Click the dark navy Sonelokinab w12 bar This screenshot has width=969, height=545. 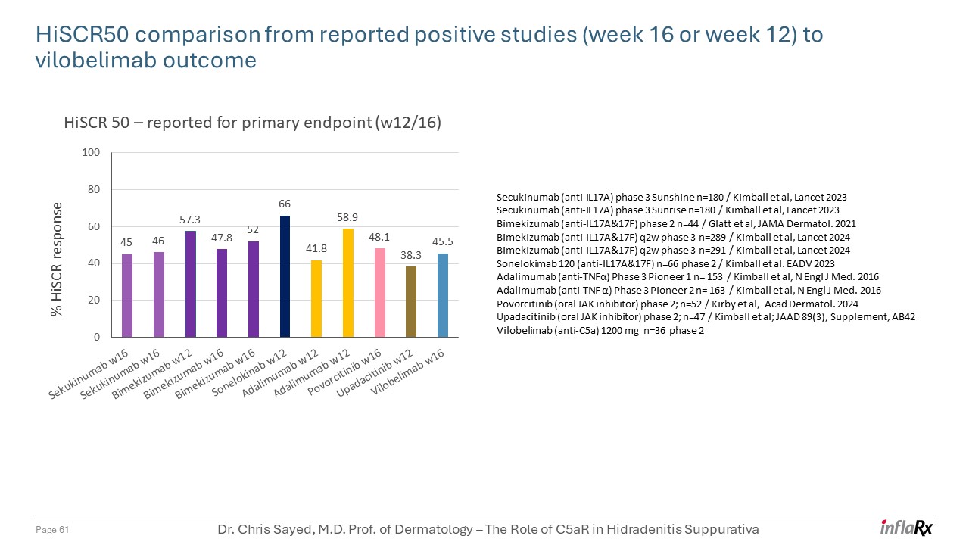tap(285, 276)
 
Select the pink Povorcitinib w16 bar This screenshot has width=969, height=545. tap(379, 293)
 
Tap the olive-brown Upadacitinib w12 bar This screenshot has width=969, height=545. tap(411, 302)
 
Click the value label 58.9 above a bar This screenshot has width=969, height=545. tap(347, 217)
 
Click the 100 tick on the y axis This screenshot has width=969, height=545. tap(91, 153)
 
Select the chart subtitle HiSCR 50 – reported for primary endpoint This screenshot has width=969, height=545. tap(251, 123)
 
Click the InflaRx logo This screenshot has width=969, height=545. tap(906, 528)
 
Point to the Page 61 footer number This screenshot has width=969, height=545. tap(53, 530)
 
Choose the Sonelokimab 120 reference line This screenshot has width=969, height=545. tap(665, 263)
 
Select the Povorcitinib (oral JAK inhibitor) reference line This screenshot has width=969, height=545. tap(678, 304)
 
